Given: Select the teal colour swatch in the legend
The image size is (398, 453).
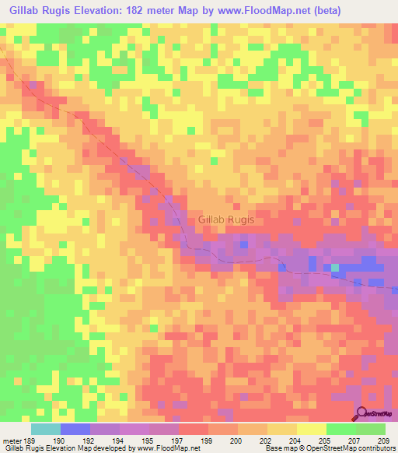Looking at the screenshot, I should coord(46,429).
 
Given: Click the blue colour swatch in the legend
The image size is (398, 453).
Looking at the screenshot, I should coord(75,429).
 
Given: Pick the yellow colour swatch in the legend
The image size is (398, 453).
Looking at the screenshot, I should coord(312,429).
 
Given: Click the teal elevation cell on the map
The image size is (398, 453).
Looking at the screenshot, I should coord(336,269).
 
